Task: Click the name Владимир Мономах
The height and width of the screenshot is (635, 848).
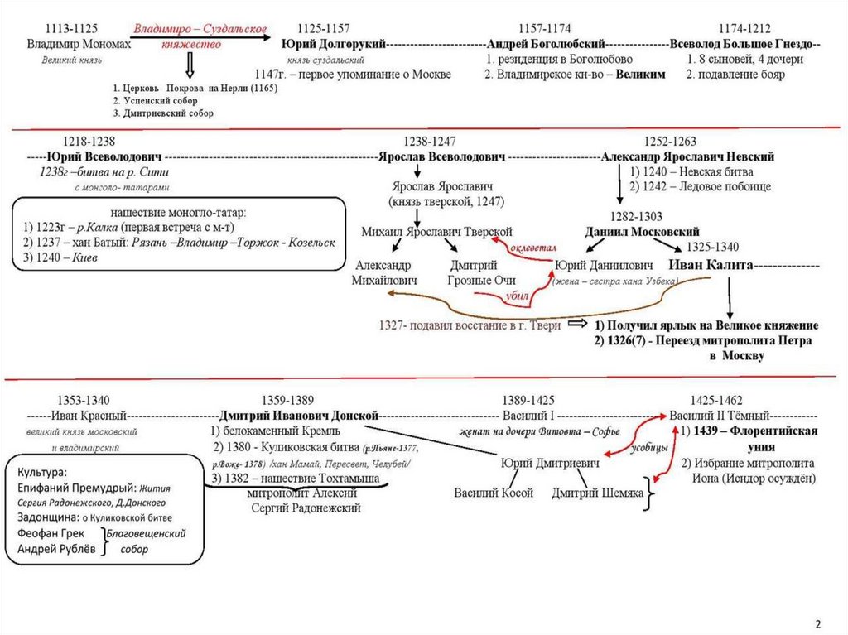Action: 79,44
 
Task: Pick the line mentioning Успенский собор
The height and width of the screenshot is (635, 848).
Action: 151,100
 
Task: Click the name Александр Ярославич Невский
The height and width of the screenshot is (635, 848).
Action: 687,156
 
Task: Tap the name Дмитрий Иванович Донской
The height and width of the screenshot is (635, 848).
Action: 299,415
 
